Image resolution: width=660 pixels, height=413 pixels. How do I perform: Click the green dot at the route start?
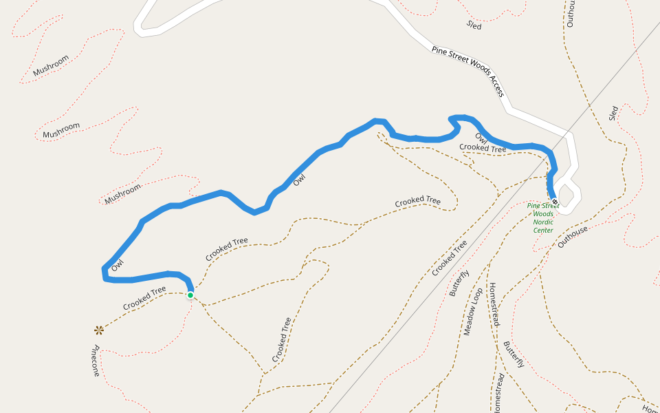(190, 295)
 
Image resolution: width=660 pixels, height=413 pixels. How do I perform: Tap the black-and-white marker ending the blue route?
(554, 201)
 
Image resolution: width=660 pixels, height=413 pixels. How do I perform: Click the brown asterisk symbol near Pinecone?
(99, 330)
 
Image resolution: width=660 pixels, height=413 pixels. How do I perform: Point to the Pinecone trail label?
(96, 361)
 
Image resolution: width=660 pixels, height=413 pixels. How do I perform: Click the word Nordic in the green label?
(543, 222)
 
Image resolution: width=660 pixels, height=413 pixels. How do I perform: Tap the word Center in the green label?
(543, 230)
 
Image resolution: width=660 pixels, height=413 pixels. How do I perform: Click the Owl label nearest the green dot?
(118, 264)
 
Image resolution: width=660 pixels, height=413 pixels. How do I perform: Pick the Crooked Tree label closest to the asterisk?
(144, 298)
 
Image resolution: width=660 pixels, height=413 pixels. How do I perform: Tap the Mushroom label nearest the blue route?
(123, 191)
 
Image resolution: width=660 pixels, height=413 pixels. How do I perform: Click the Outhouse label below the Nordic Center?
(573, 237)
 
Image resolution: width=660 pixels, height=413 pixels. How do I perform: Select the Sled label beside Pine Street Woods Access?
(474, 25)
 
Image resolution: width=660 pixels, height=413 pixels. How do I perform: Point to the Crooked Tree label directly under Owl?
(483, 147)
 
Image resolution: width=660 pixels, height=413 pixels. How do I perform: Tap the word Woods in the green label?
(543, 213)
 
